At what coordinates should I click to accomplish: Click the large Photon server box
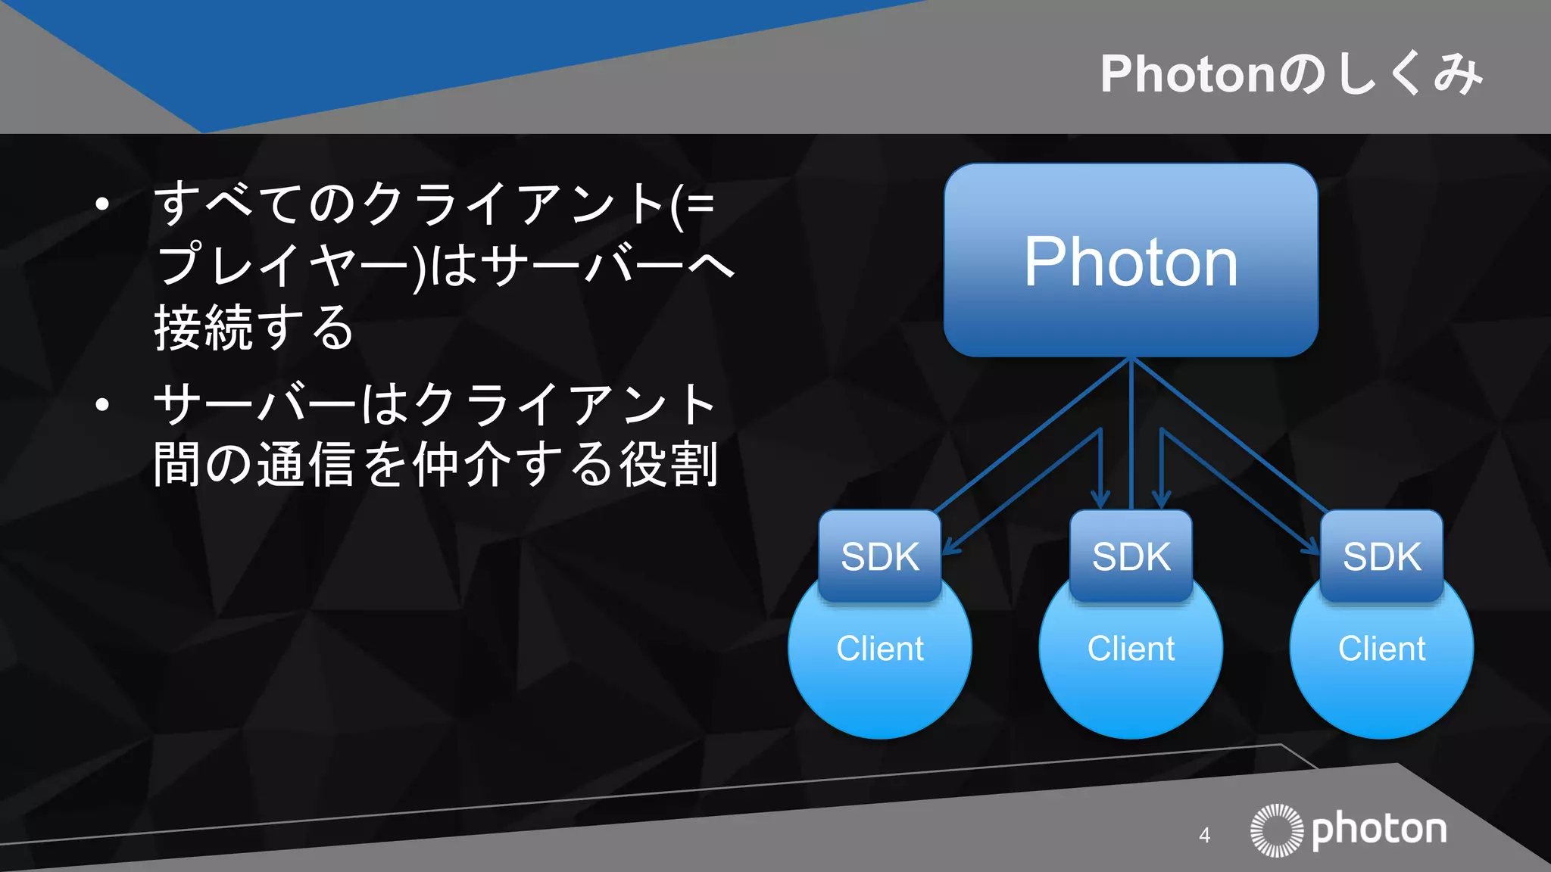click(1131, 260)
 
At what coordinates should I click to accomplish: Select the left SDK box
click(880, 556)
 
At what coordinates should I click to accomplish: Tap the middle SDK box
click(1131, 556)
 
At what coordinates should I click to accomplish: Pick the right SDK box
click(1381, 556)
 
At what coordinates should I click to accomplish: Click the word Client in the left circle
click(880, 649)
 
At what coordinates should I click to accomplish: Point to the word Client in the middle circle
click(1131, 649)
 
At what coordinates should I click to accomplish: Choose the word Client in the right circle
click(1381, 649)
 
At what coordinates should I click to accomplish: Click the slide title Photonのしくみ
click(1290, 74)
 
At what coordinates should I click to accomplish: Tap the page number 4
click(1205, 836)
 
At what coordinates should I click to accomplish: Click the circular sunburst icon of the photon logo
click(1277, 830)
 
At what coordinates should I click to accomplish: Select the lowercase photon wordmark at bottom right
click(1379, 830)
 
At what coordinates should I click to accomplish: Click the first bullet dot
click(102, 204)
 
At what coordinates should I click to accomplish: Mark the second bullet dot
click(102, 405)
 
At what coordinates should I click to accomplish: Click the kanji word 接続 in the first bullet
click(203, 328)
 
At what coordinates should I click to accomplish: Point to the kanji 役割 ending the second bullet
click(669, 464)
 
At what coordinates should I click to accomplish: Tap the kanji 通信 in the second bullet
click(306, 464)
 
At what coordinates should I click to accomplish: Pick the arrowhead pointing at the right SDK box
click(1313, 548)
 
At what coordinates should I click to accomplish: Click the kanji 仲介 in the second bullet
click(462, 464)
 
